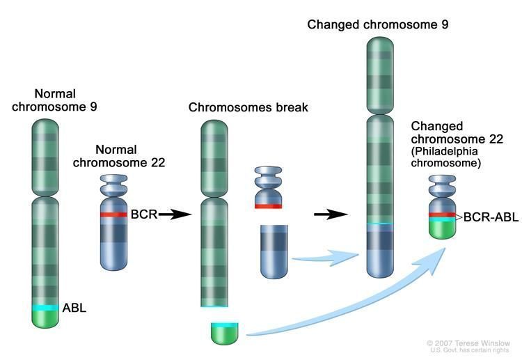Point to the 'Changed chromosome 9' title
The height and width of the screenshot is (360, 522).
[x=378, y=24]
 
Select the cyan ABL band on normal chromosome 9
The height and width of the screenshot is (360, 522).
[x=46, y=307]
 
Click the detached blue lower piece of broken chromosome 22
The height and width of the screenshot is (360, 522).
[x=274, y=251]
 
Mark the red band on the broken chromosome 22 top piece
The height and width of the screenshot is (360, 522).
[x=268, y=205]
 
